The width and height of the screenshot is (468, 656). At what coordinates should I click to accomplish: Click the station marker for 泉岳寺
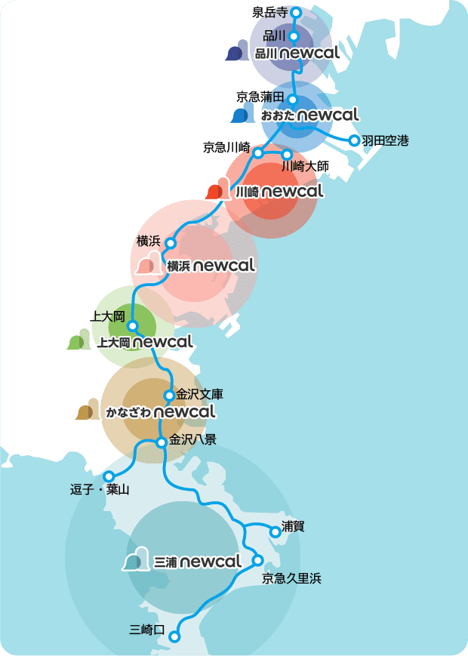pos(296,12)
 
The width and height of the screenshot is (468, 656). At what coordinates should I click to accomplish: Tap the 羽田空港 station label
pos(385,140)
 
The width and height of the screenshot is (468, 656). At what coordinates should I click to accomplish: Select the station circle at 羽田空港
pos(353,140)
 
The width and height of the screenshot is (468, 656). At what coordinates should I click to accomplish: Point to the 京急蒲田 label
pos(259,96)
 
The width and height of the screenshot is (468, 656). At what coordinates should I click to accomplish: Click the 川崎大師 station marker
pos(287,154)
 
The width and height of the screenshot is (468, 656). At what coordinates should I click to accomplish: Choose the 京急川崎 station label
pos(226,147)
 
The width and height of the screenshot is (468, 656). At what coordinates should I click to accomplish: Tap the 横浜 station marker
pos(171,243)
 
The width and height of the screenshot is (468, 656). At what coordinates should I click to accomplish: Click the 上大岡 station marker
pos(132,326)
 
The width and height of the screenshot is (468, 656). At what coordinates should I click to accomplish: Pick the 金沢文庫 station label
pos(199,394)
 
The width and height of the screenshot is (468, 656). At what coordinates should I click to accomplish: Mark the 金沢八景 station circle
pos(161,442)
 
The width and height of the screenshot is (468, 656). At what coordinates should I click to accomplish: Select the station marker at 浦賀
pos(275,531)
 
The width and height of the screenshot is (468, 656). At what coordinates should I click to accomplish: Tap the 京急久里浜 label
pos(291,579)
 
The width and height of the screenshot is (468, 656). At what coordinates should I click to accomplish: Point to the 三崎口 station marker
pos(174,636)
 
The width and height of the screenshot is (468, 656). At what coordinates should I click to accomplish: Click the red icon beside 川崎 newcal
pos(217,189)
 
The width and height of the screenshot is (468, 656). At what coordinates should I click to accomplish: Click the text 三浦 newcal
pos(197,562)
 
